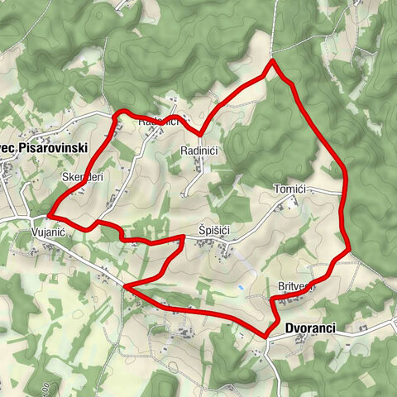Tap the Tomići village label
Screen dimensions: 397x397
pyautogui.click(x=289, y=190)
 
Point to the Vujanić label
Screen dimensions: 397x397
pyautogui.click(x=48, y=234)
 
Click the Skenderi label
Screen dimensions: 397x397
pyautogui.click(x=82, y=177)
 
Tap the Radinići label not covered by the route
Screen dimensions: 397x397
pyautogui.click(x=198, y=151)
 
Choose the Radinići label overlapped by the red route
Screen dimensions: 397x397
pyautogui.click(x=158, y=122)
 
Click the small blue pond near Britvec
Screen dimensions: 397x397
pyautogui.click(x=241, y=287)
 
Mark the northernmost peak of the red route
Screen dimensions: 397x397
pyautogui.click(x=273, y=61)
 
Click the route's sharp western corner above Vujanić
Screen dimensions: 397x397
pyautogui.click(x=50, y=214)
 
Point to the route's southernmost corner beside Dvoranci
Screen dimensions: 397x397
pyautogui.click(x=266, y=335)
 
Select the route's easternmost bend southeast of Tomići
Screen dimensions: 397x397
pyautogui.click(x=350, y=246)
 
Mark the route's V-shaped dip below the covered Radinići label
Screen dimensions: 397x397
pyautogui.click(x=200, y=133)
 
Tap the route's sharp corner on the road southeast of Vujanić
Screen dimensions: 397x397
pyautogui.click(x=125, y=286)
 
